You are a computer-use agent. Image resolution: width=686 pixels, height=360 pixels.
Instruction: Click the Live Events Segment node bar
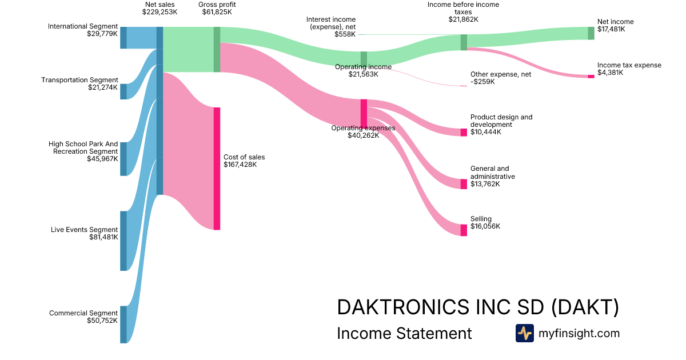[123, 241]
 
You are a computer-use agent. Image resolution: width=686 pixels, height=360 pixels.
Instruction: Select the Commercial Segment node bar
[123, 325]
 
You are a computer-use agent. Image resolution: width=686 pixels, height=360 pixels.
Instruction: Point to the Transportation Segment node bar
[123, 91]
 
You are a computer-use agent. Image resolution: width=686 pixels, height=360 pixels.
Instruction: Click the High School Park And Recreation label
[83, 147]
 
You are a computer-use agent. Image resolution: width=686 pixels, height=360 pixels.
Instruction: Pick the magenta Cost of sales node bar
[217, 169]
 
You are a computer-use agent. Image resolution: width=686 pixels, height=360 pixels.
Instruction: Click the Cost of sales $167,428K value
[240, 165]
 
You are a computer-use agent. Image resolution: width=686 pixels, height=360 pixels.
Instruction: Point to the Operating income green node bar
[364, 58]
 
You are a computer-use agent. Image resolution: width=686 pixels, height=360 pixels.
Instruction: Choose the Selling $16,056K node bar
[464, 230]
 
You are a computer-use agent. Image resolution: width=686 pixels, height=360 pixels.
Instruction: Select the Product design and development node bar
[464, 133]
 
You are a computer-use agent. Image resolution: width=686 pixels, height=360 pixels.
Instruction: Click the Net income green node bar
[591, 33]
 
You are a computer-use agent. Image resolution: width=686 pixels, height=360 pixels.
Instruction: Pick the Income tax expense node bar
[591, 76]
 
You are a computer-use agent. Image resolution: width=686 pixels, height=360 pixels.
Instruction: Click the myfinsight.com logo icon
[524, 333]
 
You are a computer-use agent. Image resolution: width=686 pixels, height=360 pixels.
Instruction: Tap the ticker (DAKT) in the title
[585, 307]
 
